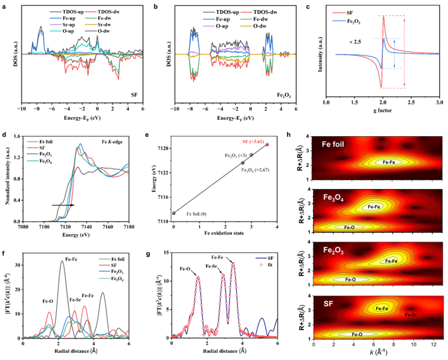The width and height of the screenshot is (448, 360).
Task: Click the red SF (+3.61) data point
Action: click(x=267, y=145)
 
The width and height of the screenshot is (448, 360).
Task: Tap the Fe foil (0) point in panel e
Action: click(x=173, y=213)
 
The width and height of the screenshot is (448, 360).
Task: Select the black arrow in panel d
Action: click(x=63, y=205)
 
